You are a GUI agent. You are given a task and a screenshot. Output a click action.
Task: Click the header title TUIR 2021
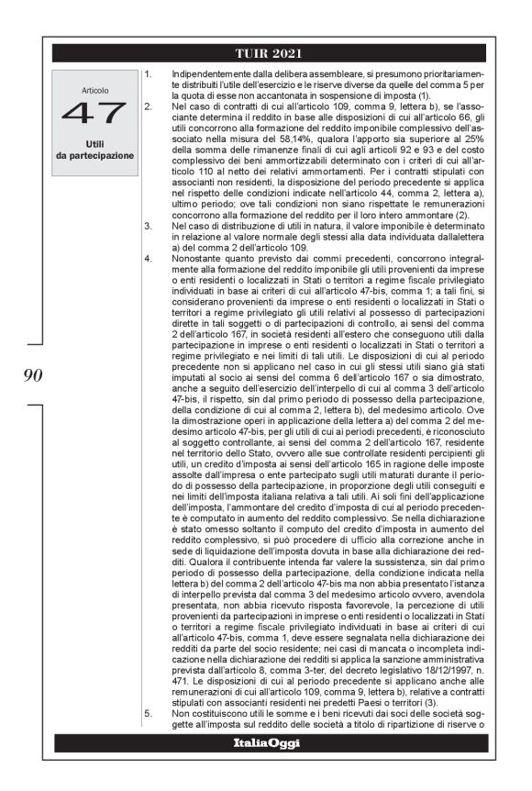pyautogui.click(x=269, y=52)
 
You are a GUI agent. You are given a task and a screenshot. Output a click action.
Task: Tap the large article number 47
pyautogui.click(x=93, y=114)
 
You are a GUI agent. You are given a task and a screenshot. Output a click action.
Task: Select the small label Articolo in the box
pyautogui.click(x=94, y=91)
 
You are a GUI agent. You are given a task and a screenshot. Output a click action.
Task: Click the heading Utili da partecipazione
pyautogui.click(x=94, y=150)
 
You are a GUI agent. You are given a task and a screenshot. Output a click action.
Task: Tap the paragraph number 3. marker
pyautogui.click(x=150, y=225)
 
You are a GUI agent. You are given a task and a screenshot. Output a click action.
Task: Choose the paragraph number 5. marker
pyautogui.click(x=150, y=712)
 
